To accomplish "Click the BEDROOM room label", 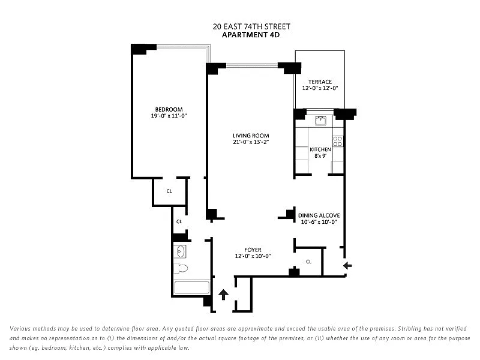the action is point(169,109).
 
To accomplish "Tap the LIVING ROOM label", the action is point(251,136).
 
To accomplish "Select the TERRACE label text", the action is point(320,82).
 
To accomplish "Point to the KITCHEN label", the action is point(320,149).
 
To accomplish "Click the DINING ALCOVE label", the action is point(319,215).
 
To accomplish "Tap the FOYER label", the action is point(253,250).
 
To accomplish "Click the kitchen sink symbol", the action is point(320,121).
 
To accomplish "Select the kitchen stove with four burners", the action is point(338,141).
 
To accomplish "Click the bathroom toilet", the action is point(181,268).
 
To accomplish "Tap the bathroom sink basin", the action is point(180,251).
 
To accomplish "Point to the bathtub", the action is point(191,287).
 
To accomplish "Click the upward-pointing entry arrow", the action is point(224,295).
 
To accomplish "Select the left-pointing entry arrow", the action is point(347,265).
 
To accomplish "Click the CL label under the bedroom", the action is point(169,191).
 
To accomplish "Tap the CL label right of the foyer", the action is point(309,262).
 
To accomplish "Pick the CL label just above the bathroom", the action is point(179,221).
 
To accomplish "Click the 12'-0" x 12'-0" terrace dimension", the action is point(320,88).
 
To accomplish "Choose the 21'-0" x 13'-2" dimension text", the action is point(251,142).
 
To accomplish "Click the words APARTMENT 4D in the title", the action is point(251,35).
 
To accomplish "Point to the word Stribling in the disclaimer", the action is point(411,328).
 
